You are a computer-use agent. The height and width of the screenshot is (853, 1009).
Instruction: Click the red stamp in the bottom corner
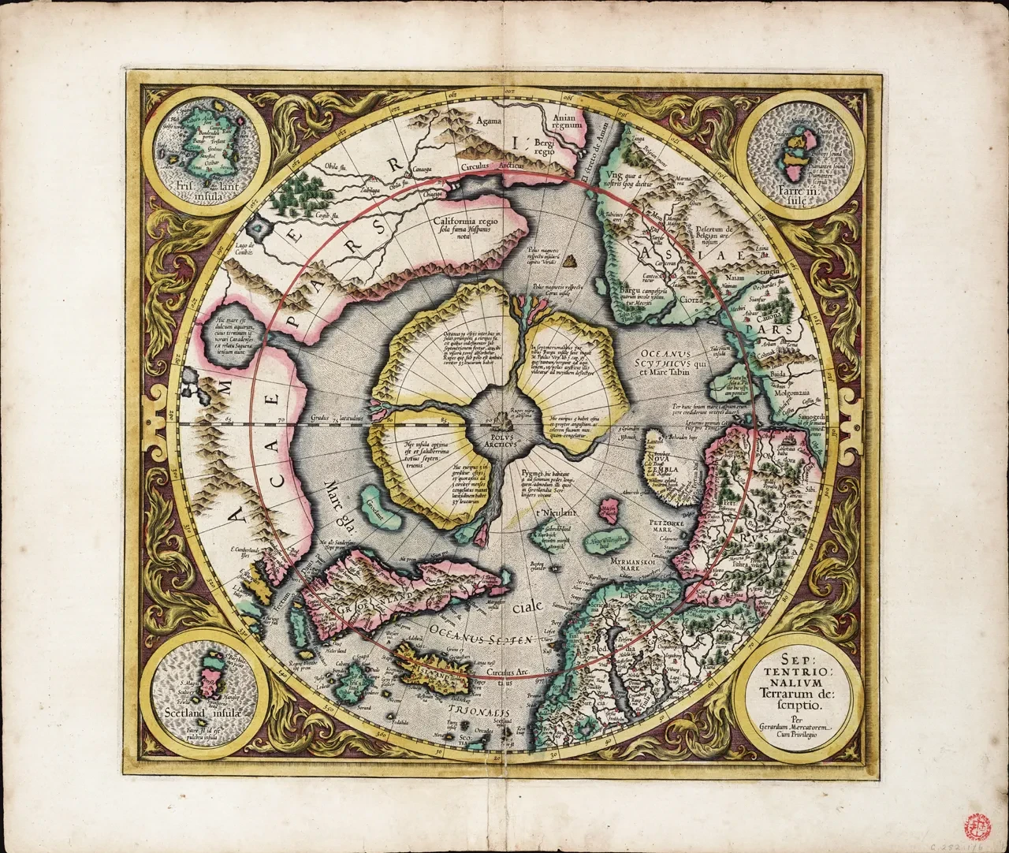pyautogui.click(x=971, y=825)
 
